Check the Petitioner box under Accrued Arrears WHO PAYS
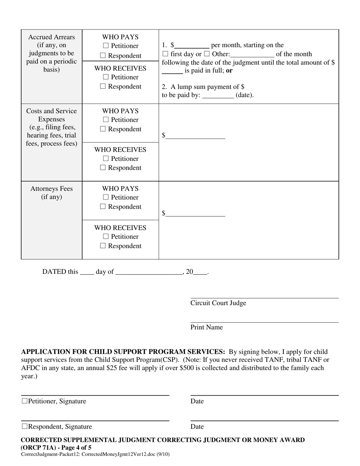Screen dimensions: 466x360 tap(106, 46)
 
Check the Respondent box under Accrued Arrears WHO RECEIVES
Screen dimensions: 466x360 tap(103, 86)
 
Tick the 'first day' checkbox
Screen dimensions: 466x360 tap(165, 54)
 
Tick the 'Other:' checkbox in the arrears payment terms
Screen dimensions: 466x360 tap(207, 54)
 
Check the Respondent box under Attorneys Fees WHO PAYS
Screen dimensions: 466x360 tap(103, 207)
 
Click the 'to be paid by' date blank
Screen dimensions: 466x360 tap(218, 95)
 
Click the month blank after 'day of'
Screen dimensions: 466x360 tap(149, 272)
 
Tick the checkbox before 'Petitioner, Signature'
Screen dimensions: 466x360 tap(25, 401)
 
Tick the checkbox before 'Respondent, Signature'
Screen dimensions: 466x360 tap(25, 426)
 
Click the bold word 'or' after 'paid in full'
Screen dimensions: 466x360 tap(229, 70)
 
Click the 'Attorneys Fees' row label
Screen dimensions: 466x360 tap(52, 189)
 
